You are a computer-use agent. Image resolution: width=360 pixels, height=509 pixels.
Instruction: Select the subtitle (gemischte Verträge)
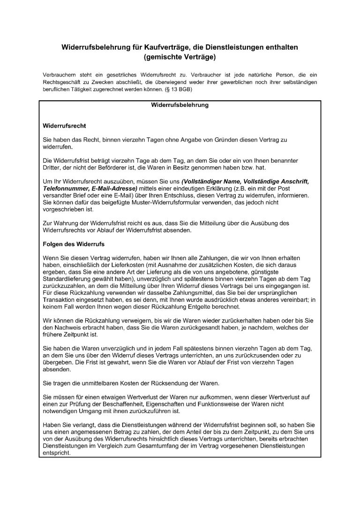coord(180,58)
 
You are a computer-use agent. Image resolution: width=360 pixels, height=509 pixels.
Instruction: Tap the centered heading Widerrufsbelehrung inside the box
coord(180,105)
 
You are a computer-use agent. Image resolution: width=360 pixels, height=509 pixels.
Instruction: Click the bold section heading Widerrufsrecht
coord(64,126)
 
